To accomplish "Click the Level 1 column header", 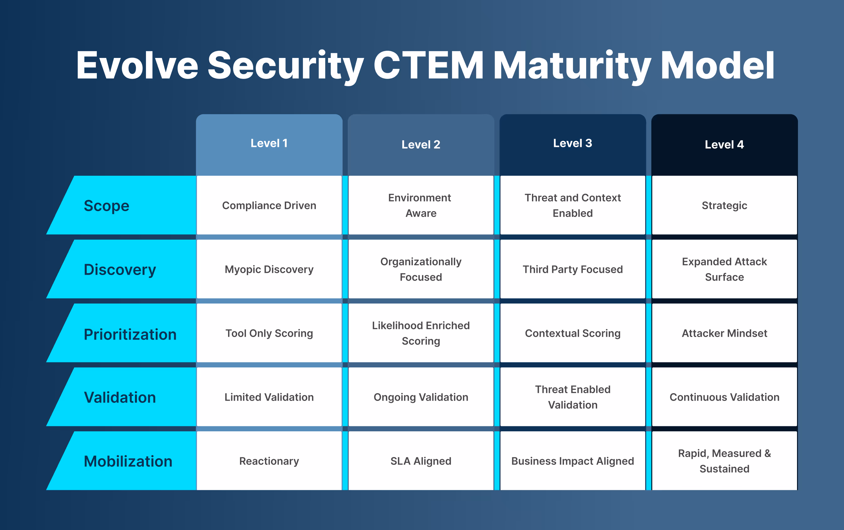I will point(269,143).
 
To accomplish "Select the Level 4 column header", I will point(724,144).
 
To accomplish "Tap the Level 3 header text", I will point(572,143).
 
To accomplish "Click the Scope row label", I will point(107,206).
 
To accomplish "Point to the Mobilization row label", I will point(128,461).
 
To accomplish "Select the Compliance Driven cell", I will point(269,205).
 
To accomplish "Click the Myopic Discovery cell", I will point(269,269).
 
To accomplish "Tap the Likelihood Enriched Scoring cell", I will point(421,333).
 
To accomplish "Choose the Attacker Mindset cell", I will point(724,333).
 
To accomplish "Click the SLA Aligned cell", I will point(421,461).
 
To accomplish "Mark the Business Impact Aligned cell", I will point(572,461).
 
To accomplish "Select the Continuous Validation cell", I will point(724,397).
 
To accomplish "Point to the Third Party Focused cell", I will point(572,269).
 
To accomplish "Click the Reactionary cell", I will point(269,461).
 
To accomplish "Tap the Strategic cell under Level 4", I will point(724,205).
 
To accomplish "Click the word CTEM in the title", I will point(428,65).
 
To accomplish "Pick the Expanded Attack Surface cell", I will point(724,269).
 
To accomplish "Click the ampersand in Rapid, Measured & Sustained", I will point(768,453).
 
